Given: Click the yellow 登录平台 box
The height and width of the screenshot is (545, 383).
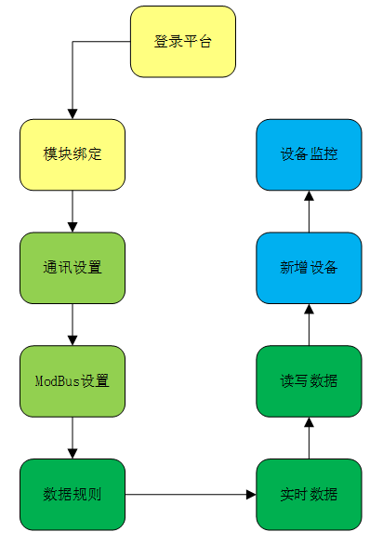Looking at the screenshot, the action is [183, 42].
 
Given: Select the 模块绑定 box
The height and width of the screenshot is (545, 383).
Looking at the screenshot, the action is [73, 154].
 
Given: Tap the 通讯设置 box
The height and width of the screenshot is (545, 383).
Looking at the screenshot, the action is [73, 268].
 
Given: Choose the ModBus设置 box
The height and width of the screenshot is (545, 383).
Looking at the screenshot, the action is [73, 381].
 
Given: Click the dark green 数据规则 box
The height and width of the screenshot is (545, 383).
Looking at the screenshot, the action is [73, 495].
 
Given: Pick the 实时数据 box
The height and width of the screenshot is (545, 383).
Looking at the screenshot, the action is [309, 495].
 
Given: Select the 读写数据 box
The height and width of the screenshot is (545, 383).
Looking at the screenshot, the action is [309, 381].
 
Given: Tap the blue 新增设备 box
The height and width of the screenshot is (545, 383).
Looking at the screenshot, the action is [309, 268].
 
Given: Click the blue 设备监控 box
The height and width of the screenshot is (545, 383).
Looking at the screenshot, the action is [309, 154].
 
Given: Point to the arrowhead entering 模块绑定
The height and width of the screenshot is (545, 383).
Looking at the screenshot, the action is [73, 114].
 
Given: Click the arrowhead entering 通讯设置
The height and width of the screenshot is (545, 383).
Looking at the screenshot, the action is [73, 227].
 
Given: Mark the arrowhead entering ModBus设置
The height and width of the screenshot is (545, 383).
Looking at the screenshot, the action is [73, 340].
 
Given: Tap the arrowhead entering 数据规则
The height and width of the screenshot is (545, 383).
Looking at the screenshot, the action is [73, 454].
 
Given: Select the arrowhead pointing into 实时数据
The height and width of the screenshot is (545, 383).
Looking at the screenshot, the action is [251, 495].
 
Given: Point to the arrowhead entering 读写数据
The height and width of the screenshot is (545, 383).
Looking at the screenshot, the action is [309, 422].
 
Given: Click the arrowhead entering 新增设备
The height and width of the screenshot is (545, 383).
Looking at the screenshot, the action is [309, 309].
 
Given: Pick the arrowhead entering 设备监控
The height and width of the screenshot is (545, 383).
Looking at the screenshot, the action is [309, 195].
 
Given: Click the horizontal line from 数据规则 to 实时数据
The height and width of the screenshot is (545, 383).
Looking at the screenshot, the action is [186, 495].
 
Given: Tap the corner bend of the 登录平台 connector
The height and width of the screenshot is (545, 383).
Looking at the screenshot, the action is [73, 42].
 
